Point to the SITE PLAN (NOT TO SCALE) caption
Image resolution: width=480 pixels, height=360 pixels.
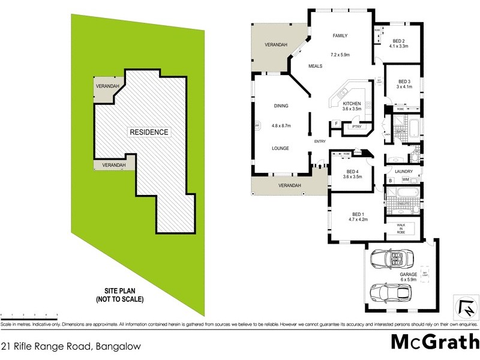tap(121, 293)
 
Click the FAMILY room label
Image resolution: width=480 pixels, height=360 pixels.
tap(340, 36)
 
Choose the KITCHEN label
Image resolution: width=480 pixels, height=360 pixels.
tap(352, 104)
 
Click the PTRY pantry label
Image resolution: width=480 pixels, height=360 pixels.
tap(356, 127)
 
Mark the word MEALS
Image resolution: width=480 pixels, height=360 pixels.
tap(316, 66)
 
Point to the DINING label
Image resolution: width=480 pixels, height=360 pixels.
tap(281, 106)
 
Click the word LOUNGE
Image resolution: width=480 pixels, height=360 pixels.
tap(281, 148)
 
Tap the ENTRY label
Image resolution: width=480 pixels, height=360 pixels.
tap(319, 142)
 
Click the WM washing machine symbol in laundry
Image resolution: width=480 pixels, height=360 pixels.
tap(406, 179)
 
